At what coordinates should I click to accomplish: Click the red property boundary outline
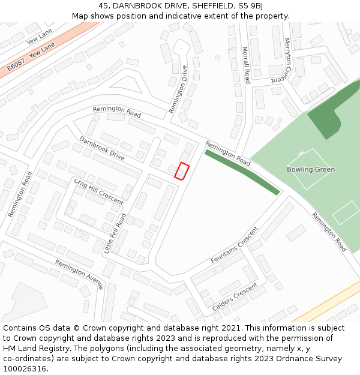pos(181,171)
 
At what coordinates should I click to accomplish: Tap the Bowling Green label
pos(311,169)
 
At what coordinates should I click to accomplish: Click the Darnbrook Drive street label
pos(102,148)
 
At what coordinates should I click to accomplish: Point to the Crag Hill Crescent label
pos(98,191)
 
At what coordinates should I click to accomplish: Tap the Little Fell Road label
pos(115,233)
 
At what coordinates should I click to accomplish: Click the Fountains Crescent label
pos(234,245)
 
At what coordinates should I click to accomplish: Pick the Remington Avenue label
pos(79,274)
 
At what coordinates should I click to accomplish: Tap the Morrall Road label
pos(246,65)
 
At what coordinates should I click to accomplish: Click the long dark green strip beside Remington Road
pos(242,172)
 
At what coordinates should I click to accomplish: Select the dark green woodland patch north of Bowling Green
pos(328,117)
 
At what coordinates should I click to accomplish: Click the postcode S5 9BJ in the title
pos(250,6)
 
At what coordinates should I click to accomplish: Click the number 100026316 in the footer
pos(25,369)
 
